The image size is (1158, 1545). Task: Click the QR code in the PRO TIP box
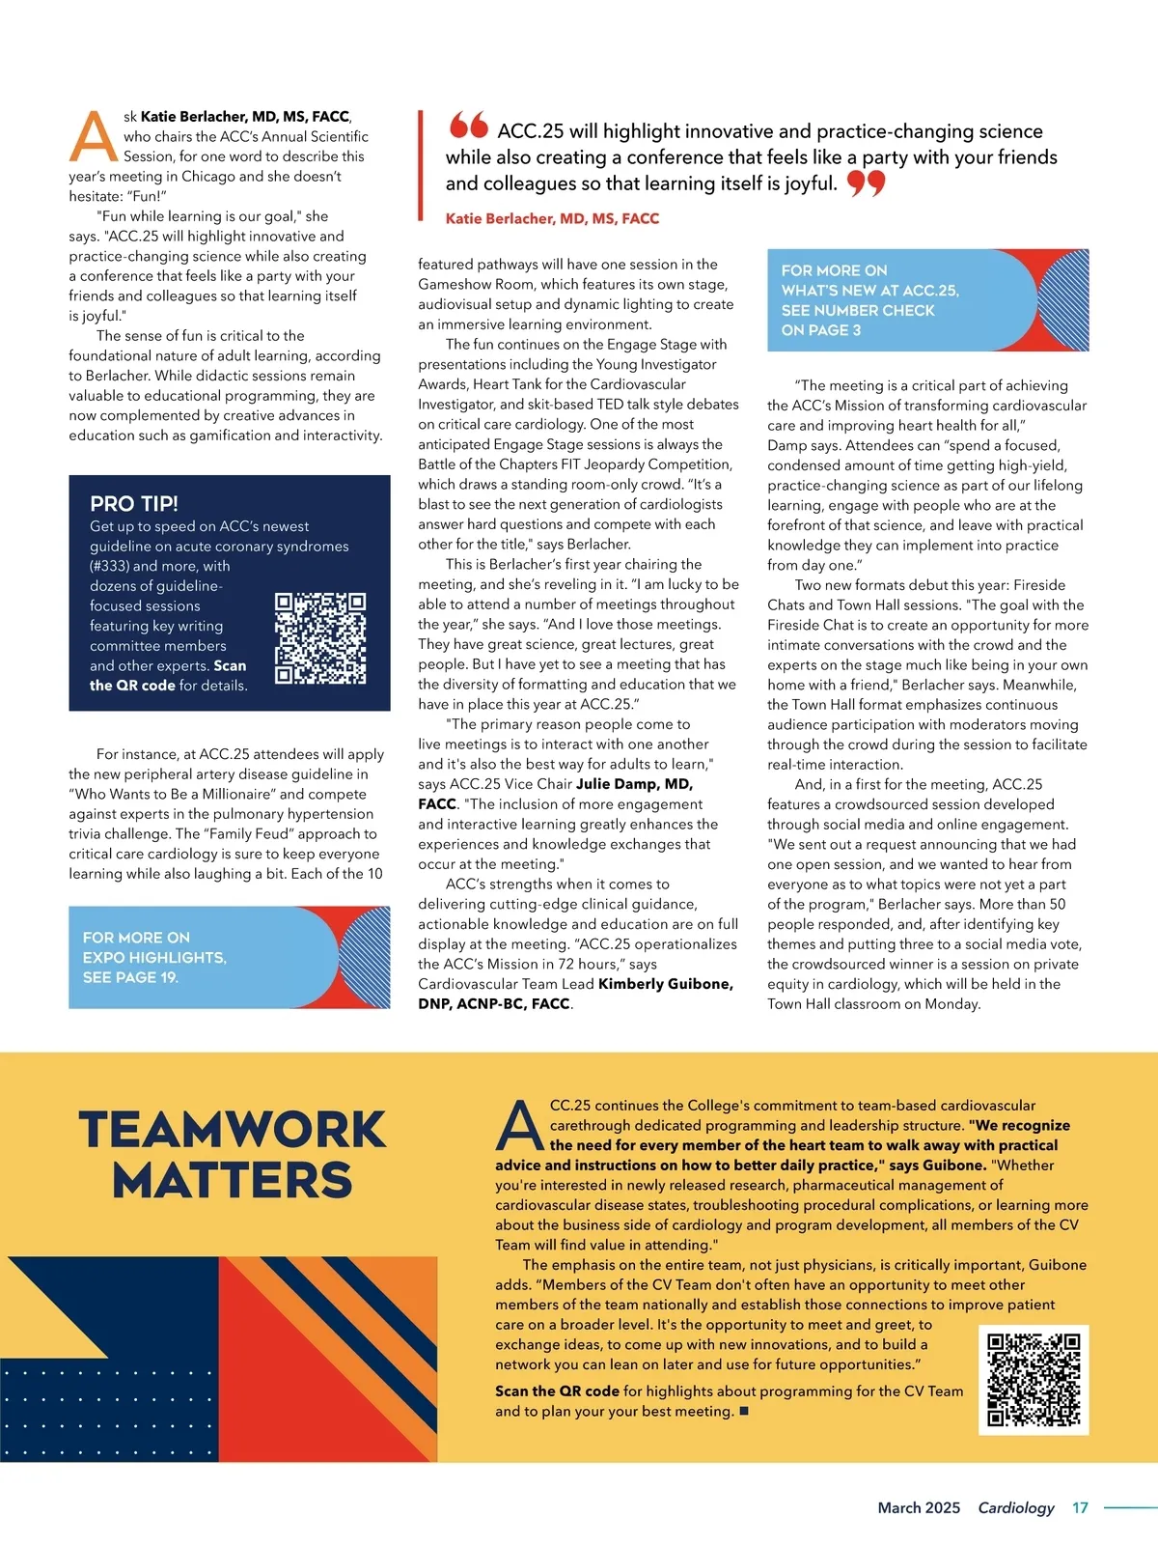(320, 639)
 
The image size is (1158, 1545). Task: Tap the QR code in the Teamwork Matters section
(1034, 1380)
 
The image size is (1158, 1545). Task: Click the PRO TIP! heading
(134, 503)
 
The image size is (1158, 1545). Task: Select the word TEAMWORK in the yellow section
(233, 1130)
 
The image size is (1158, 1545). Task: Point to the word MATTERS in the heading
(233, 1180)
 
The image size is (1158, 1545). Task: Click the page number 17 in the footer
(1080, 1507)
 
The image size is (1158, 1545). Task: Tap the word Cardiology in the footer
(1016, 1507)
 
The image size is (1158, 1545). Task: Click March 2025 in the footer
(919, 1507)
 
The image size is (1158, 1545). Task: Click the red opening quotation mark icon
(469, 125)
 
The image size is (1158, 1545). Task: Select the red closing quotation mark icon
(866, 183)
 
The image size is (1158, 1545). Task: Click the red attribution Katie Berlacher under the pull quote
(552, 219)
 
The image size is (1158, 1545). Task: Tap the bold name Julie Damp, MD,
(634, 784)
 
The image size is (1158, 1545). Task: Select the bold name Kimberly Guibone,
(666, 984)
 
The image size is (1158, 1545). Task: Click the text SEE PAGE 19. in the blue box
(130, 977)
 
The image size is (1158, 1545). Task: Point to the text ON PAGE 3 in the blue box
(821, 330)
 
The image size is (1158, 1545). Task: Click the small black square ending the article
(744, 1412)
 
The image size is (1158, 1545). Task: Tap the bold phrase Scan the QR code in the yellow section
(557, 1391)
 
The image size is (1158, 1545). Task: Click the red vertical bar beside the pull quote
(421, 164)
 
